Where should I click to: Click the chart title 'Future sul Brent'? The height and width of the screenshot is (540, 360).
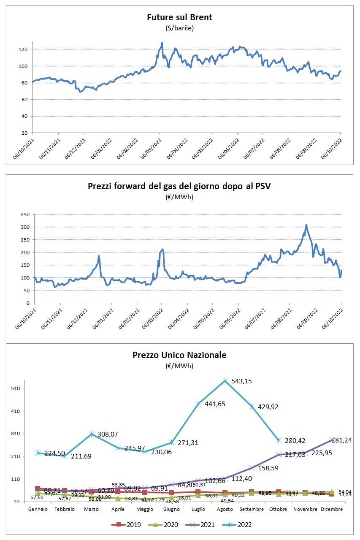[179, 17]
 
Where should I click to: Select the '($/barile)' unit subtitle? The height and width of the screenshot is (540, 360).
[179, 28]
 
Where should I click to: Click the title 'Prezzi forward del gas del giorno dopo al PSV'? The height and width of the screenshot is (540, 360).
[179, 186]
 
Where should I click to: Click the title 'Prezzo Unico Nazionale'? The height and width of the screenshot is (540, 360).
[179, 355]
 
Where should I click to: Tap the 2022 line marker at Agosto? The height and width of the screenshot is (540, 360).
[225, 381]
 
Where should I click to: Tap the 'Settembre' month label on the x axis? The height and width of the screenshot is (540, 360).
[252, 509]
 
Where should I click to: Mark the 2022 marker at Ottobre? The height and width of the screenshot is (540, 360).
[279, 440]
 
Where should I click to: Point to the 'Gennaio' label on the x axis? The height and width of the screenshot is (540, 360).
[38, 509]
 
